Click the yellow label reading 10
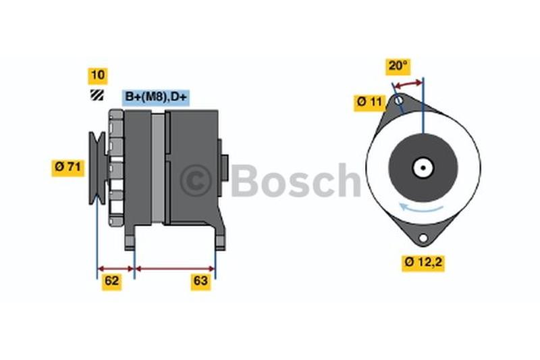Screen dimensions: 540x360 pyautogui.click(x=98, y=76)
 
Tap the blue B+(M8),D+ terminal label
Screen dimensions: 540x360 pyautogui.click(x=156, y=97)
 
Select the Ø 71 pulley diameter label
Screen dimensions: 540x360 pyautogui.click(x=68, y=168)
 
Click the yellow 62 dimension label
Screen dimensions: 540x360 pyautogui.click(x=111, y=282)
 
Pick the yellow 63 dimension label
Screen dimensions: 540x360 pyautogui.click(x=200, y=282)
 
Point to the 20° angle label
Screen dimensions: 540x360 pyautogui.click(x=398, y=66)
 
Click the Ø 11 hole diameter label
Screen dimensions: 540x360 pyautogui.click(x=369, y=103)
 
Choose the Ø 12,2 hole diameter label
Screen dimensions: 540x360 pyautogui.click(x=423, y=263)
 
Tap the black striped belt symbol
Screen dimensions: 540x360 pyautogui.click(x=97, y=95)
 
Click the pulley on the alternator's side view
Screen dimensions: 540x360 pyautogui.click(x=97, y=168)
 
